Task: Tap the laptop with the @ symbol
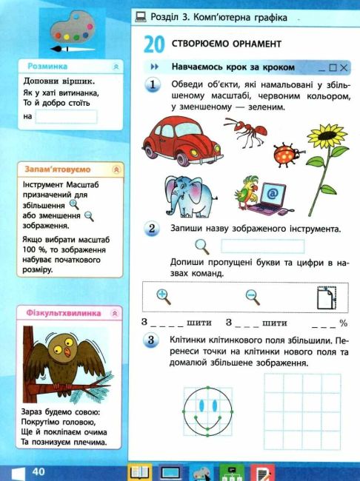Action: coord(271,197)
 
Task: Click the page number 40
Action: coord(39,471)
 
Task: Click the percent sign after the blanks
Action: coord(343,323)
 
